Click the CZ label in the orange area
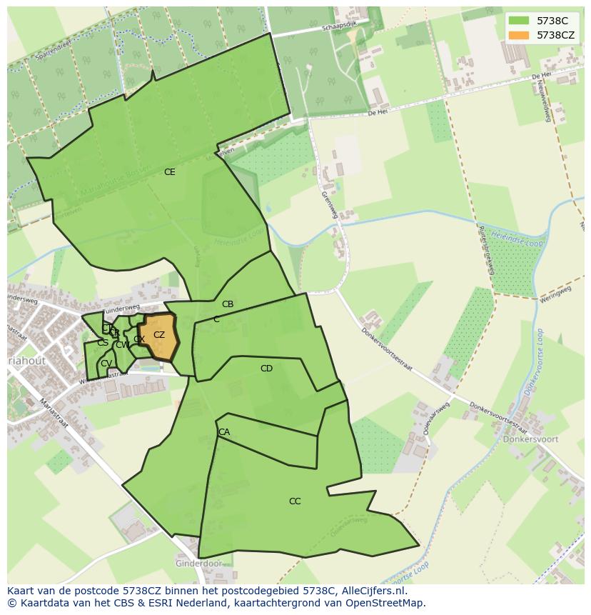[x=159, y=335]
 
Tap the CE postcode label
[x=169, y=172]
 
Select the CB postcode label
[x=228, y=304]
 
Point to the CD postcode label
[x=266, y=369]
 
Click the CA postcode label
[x=224, y=432]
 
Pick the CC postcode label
[x=295, y=501]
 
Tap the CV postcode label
[x=106, y=364]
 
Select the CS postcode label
[x=103, y=343]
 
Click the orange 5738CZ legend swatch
[x=519, y=35]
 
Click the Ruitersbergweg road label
[x=488, y=246]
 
